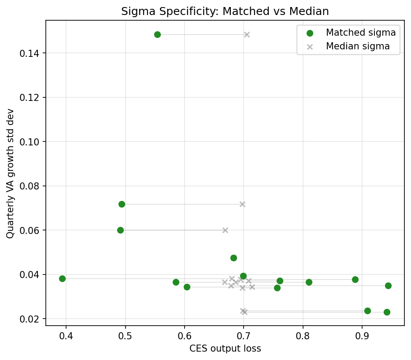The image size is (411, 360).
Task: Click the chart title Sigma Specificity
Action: pos(225,11)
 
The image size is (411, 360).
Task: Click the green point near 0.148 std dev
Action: pos(157,34)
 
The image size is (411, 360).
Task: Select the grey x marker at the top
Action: pos(247,34)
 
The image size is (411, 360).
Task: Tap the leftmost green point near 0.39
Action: pos(62,278)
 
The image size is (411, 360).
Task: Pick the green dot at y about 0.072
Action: pos(122,204)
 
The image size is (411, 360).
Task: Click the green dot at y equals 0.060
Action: pos(120,230)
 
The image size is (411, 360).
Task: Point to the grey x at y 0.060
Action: pos(225,230)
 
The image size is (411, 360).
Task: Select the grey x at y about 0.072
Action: pos(242,204)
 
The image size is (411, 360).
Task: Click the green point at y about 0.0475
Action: pos(233,258)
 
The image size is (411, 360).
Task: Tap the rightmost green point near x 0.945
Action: pos(388,286)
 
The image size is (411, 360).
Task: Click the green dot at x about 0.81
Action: pos(309,282)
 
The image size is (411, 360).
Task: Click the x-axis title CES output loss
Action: pos(225,349)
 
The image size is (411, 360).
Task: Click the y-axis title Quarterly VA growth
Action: pos(10,173)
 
